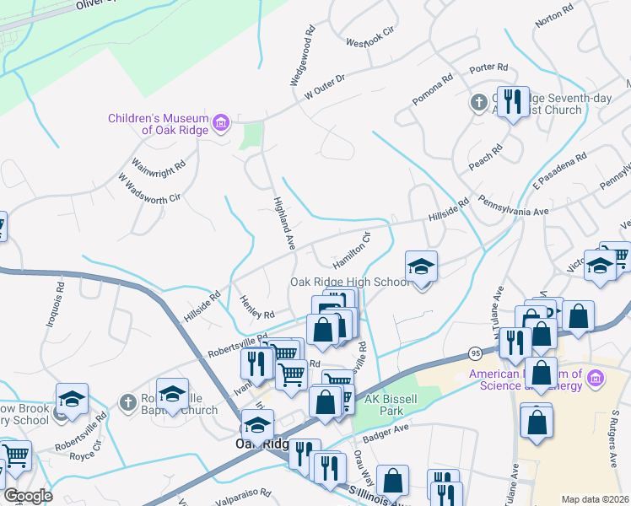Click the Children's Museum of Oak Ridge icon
(221, 125)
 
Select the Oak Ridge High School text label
(349, 282)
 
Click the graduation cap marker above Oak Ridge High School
(421, 266)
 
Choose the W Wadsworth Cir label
(150, 190)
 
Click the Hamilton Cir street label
(351, 247)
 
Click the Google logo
(27, 496)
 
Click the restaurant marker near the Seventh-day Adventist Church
(513, 102)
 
